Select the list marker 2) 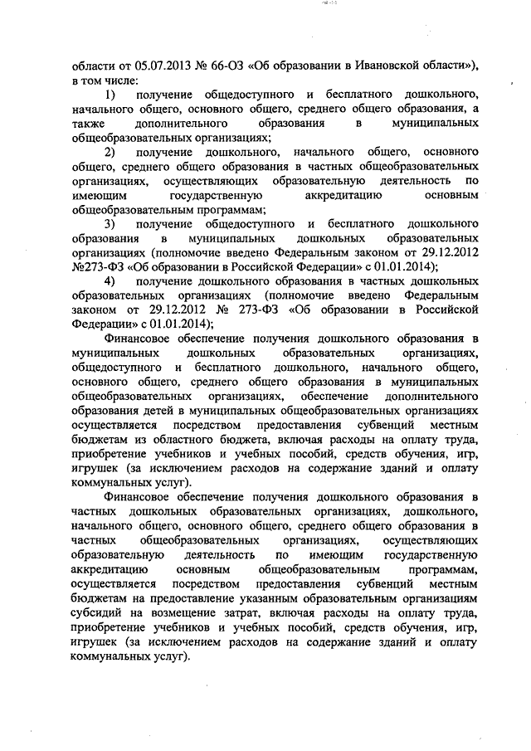110,153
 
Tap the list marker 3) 110,225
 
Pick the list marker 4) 110,282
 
